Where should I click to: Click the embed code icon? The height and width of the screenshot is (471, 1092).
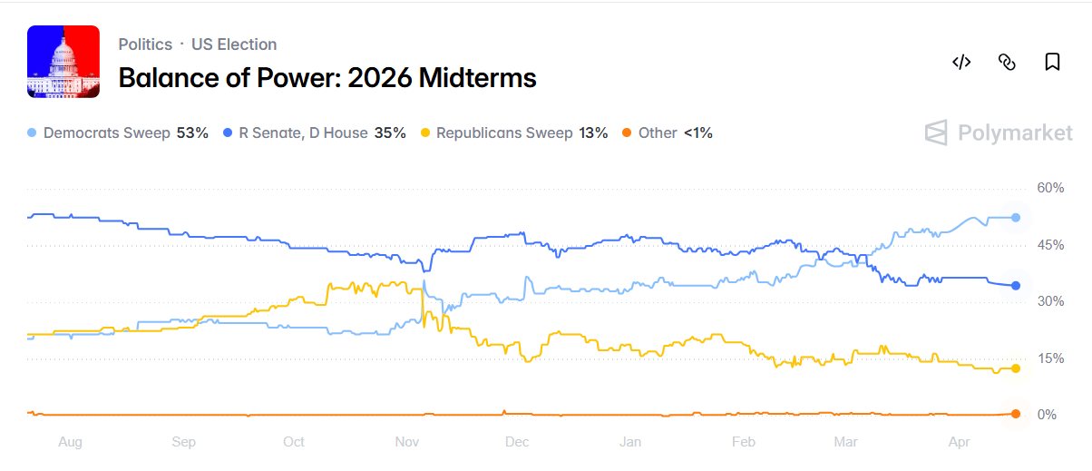961,62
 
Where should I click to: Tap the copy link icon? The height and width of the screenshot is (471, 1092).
1006,62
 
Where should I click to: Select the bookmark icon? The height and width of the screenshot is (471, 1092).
1052,62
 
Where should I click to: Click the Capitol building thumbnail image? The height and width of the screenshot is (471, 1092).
63,62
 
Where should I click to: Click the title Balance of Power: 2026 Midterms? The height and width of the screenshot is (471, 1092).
327,78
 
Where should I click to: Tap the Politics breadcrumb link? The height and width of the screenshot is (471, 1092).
145,44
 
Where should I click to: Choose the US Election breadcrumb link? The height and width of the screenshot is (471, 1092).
234,44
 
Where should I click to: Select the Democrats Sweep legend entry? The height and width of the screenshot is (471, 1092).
118,132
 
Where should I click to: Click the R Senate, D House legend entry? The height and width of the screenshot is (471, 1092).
314,132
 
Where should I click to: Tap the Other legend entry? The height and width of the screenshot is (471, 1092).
667,132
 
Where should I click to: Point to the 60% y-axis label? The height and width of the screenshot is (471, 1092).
1050,188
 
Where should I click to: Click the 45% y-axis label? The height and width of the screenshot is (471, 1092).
1050,245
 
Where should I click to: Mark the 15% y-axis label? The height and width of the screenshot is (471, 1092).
1050,358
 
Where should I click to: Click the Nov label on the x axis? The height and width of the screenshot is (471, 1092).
406,442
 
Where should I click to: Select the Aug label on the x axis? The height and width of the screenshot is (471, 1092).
70,442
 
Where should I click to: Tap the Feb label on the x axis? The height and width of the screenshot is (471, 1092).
743,442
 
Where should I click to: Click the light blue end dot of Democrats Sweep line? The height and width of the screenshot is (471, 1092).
1016,218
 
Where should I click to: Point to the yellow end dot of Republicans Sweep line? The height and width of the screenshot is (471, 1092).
1016,368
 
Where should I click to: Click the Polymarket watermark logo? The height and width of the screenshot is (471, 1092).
999,133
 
